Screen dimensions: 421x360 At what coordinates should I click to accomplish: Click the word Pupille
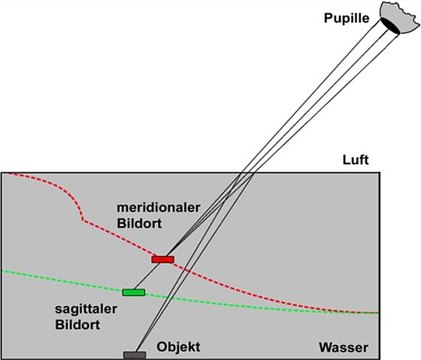pyautogui.click(x=347, y=19)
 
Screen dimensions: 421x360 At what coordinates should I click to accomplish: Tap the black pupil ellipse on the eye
pyautogui.click(x=390, y=26)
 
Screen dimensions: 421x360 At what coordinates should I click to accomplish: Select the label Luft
pyautogui.click(x=356, y=160)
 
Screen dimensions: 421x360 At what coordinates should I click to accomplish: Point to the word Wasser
pyautogui.click(x=344, y=348)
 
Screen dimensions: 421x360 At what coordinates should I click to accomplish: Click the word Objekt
pyautogui.click(x=178, y=346)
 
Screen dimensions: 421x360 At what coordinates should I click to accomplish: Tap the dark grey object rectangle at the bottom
pyautogui.click(x=135, y=355)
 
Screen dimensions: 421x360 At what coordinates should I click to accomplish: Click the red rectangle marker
pyautogui.click(x=162, y=259)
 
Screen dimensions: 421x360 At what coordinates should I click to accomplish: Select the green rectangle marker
pyautogui.click(x=134, y=292)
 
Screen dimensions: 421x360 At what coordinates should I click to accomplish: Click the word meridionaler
pyautogui.click(x=159, y=207)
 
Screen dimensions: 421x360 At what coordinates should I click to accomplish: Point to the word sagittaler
pyautogui.click(x=86, y=309)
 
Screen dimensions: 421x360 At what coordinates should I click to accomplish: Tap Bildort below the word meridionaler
pyautogui.click(x=139, y=223)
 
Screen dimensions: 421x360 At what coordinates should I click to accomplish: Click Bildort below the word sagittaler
pyautogui.click(x=77, y=325)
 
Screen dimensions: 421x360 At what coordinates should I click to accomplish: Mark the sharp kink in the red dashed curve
pyautogui.click(x=83, y=220)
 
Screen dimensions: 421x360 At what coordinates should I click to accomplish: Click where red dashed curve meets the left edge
pyautogui.click(x=6, y=174)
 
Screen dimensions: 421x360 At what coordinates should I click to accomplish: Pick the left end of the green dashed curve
pyautogui.click(x=2, y=271)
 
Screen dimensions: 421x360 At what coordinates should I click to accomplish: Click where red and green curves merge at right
pyautogui.click(x=357, y=312)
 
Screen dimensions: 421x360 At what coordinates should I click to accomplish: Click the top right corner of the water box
pyautogui.click(x=380, y=173)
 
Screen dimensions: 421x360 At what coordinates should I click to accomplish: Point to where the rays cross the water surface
pyautogui.click(x=247, y=173)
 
